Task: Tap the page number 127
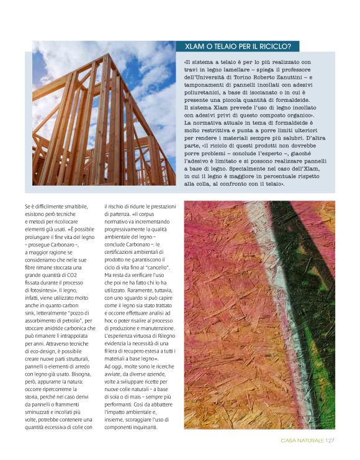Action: click(330, 441)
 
